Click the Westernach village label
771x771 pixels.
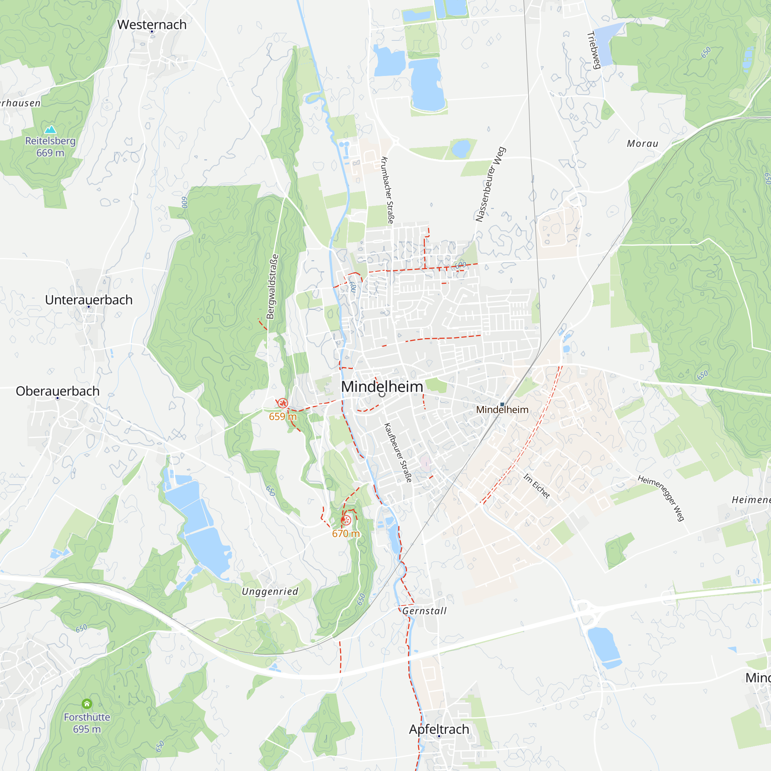[152, 25]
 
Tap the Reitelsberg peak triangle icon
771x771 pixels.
[50, 129]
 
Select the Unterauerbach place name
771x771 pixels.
[89, 300]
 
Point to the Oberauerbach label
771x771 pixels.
[57, 391]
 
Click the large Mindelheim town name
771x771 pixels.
[382, 386]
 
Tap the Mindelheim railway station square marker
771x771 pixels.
[502, 404]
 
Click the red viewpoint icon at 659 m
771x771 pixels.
[283, 403]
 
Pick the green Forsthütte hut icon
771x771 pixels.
[87, 704]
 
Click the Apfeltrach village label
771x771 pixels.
[439, 729]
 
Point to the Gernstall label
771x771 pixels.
[424, 611]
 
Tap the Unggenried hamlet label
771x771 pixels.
[270, 591]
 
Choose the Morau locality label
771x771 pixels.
[643, 144]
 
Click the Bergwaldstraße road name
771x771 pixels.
[272, 286]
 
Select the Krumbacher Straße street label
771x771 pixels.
[387, 190]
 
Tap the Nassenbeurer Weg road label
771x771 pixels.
[490, 184]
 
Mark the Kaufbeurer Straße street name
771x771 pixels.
[398, 453]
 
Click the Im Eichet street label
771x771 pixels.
[537, 486]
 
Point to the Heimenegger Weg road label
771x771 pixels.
[661, 498]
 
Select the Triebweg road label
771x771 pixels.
[594, 50]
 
